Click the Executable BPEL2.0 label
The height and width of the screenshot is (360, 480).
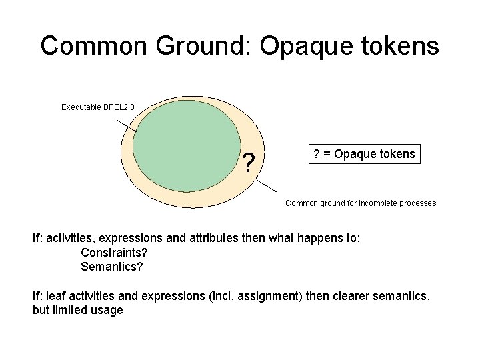click(x=98, y=107)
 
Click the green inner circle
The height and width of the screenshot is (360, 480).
click(x=187, y=145)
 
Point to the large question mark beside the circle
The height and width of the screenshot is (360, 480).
click(x=249, y=163)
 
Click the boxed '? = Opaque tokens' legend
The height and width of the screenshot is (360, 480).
click(x=363, y=154)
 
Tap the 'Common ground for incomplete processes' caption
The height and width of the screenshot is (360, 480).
click(x=361, y=203)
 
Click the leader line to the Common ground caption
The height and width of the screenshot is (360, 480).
click(x=266, y=185)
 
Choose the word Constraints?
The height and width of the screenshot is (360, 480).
click(x=114, y=253)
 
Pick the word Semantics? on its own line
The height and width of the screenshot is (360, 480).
click(x=112, y=267)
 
